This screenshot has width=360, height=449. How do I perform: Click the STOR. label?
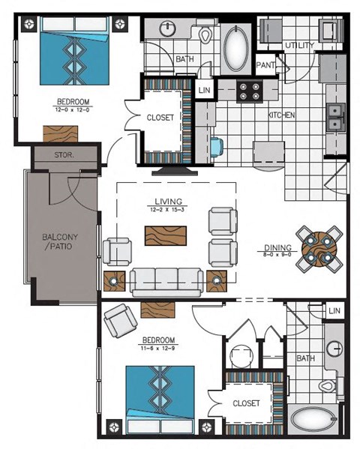click(x=64, y=157)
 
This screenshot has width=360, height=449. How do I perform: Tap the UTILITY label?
click(x=298, y=46)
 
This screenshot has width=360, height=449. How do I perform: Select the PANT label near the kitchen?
click(x=264, y=65)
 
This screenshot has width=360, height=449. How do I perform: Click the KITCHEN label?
click(x=281, y=115)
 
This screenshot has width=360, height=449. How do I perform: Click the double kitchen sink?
click(x=335, y=116)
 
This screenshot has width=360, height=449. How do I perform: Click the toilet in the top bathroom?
click(x=205, y=35)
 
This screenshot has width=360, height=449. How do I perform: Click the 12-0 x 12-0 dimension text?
click(x=73, y=109)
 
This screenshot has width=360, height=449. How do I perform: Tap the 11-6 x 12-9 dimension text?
click(x=158, y=348)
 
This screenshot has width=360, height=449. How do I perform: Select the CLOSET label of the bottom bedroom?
click(x=246, y=403)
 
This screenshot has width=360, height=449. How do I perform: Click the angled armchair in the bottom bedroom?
click(x=119, y=321)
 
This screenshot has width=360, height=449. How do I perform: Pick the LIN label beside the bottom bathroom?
click(x=334, y=310)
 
